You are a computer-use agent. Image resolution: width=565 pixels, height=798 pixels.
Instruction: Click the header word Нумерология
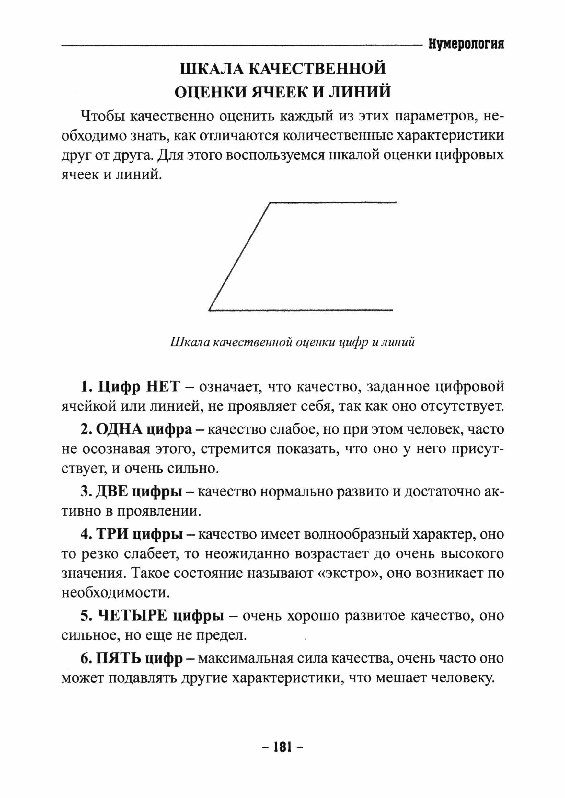click(x=466, y=44)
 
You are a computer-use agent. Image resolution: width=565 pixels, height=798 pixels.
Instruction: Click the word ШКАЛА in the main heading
click(x=211, y=69)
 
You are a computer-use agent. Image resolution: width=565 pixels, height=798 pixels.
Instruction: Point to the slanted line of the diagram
click(x=239, y=256)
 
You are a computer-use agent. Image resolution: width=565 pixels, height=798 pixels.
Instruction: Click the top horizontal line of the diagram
click(x=333, y=202)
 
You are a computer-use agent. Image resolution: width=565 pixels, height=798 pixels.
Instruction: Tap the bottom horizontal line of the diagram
click(x=301, y=310)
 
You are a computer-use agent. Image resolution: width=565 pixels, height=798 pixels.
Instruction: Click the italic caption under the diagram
click(x=292, y=343)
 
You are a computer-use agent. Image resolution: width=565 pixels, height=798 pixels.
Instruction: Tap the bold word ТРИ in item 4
click(x=110, y=534)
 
